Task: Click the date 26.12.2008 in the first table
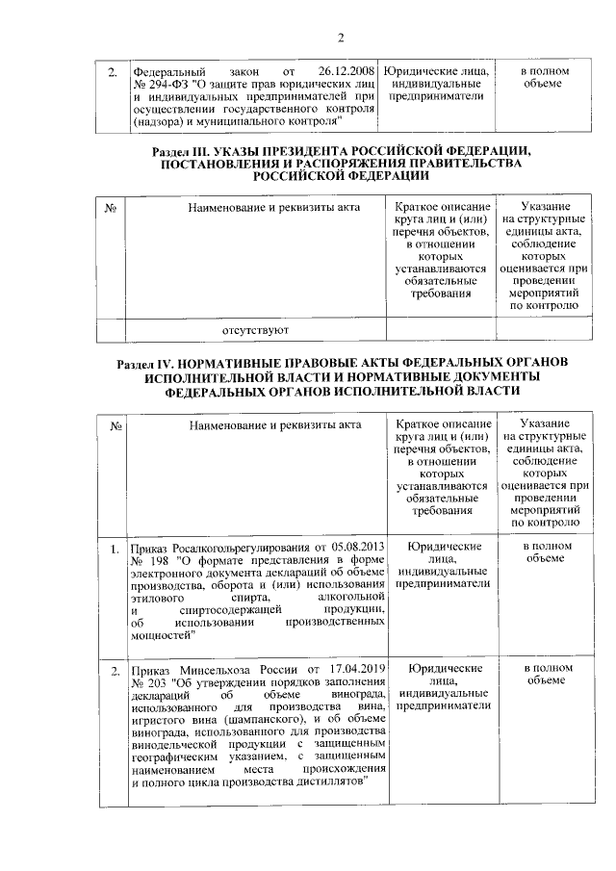[344, 72]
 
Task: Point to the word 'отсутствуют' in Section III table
[257, 330]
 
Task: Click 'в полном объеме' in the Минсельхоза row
[544, 674]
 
